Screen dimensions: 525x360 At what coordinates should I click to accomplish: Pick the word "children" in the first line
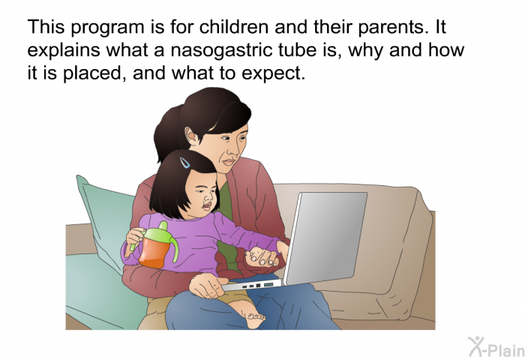pyautogui.click(x=234, y=27)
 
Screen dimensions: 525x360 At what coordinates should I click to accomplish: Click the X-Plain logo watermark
pyautogui.click(x=496, y=347)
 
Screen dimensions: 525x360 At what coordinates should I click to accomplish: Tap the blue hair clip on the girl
pyautogui.click(x=184, y=163)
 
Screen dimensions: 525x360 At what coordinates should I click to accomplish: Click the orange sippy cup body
pyautogui.click(x=154, y=252)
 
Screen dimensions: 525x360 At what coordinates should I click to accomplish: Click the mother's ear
pyautogui.click(x=191, y=136)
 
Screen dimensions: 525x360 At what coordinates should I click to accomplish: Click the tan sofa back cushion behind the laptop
pyautogui.click(x=385, y=241)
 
